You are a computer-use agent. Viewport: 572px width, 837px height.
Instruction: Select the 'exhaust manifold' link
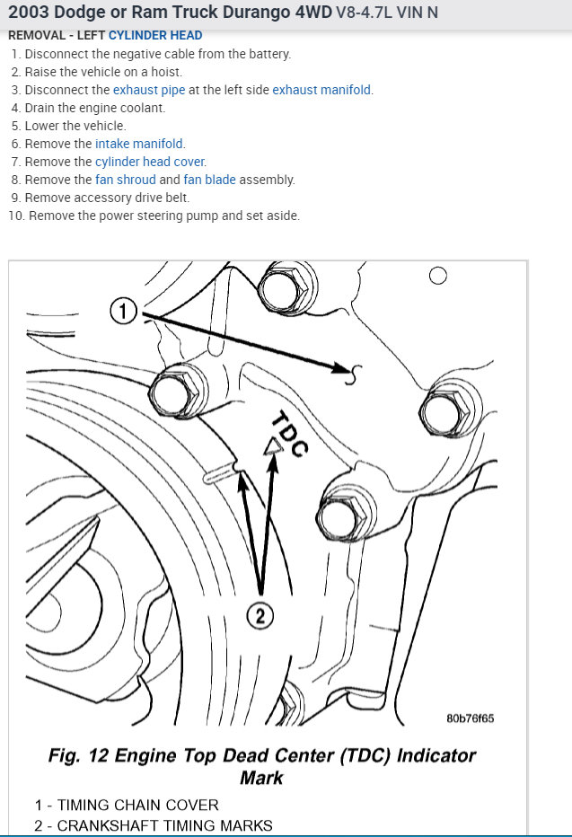321,90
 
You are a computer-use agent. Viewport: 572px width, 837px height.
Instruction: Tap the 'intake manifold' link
139,144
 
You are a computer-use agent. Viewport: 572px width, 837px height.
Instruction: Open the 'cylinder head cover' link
150,162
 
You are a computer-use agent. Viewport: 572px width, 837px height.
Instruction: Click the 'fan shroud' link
125,180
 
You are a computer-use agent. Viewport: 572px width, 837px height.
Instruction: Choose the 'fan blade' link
209,180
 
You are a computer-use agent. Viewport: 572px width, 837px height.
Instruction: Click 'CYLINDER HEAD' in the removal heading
155,36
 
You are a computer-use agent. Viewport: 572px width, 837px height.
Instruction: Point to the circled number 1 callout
123,312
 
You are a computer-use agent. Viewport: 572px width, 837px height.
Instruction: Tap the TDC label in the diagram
289,433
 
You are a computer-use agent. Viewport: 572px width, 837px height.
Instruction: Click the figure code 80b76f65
470,718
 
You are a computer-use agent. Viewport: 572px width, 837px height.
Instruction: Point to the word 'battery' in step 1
267,54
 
